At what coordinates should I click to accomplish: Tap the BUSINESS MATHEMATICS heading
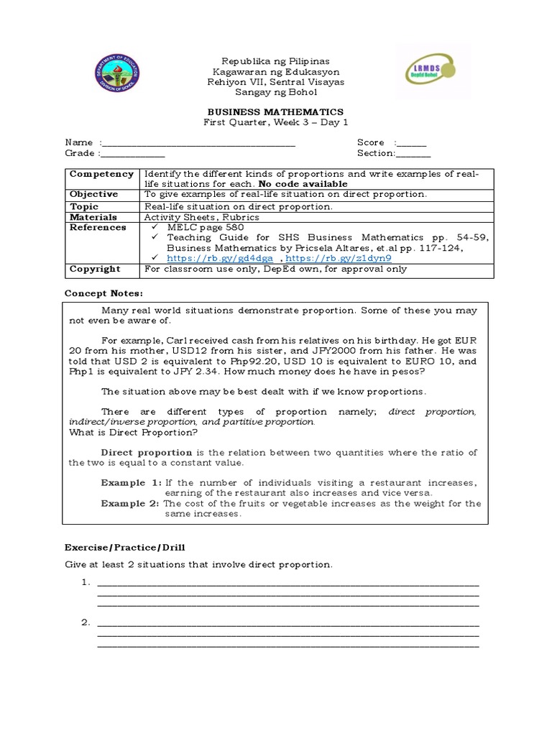pyautogui.click(x=275, y=112)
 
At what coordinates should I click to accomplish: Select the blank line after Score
pyautogui.click(x=411, y=144)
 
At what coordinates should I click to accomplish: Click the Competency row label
pyautogui.click(x=101, y=174)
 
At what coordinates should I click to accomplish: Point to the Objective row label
pyautogui.click(x=93, y=195)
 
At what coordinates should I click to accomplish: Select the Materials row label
pyautogui.click(x=94, y=216)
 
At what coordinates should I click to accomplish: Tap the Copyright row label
pyautogui.click(x=95, y=269)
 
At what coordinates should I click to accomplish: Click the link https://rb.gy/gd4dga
pyautogui.click(x=220, y=258)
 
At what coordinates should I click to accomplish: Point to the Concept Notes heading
pyautogui.click(x=104, y=293)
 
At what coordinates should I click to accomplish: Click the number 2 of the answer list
pyautogui.click(x=84, y=622)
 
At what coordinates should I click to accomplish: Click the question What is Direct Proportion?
pyautogui.click(x=133, y=433)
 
